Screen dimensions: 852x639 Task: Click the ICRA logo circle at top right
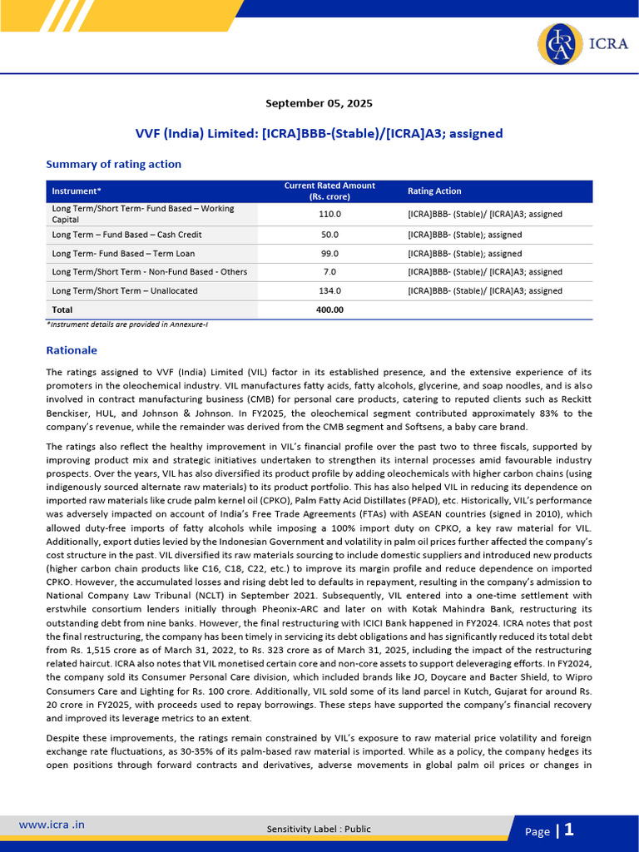click(559, 44)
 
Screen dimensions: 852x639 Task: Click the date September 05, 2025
click(319, 103)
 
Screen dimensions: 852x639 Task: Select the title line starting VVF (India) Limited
click(319, 133)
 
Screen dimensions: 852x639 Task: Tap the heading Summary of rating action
click(113, 164)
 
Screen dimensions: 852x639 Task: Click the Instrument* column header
click(77, 191)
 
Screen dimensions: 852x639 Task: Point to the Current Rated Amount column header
click(329, 191)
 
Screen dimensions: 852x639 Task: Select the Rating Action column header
click(434, 191)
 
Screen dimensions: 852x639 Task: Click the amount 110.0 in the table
click(330, 214)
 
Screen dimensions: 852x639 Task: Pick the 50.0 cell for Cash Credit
click(330, 235)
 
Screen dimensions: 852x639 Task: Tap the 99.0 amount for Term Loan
click(330, 254)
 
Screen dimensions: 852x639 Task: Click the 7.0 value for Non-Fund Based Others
click(330, 272)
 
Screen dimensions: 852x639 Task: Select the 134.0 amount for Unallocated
click(330, 291)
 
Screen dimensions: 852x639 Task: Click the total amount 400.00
click(330, 310)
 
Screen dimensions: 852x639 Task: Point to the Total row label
click(62, 310)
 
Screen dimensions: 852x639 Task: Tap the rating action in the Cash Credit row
click(464, 235)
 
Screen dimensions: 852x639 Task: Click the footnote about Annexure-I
click(126, 324)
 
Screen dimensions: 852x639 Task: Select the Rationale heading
click(72, 350)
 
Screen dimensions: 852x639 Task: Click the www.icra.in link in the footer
click(52, 825)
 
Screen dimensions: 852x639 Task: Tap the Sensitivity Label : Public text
click(319, 829)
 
